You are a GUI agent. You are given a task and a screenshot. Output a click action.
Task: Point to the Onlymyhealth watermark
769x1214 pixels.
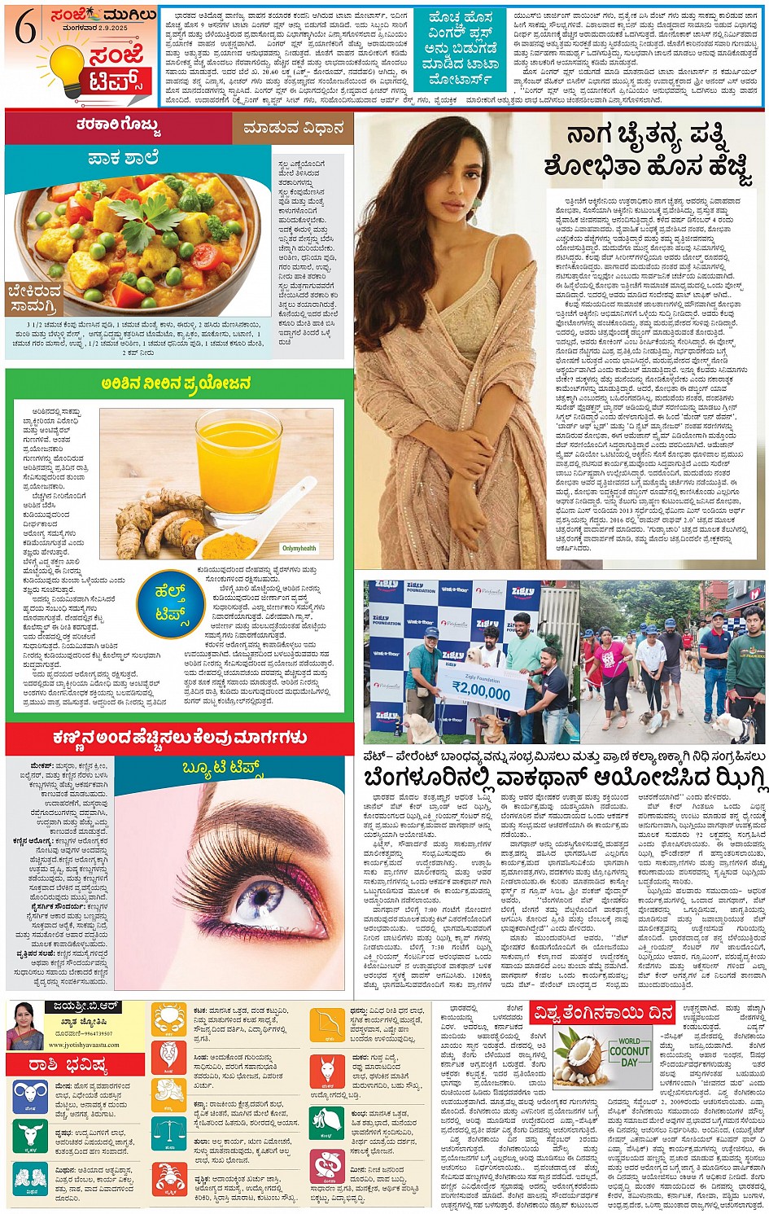(299, 549)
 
